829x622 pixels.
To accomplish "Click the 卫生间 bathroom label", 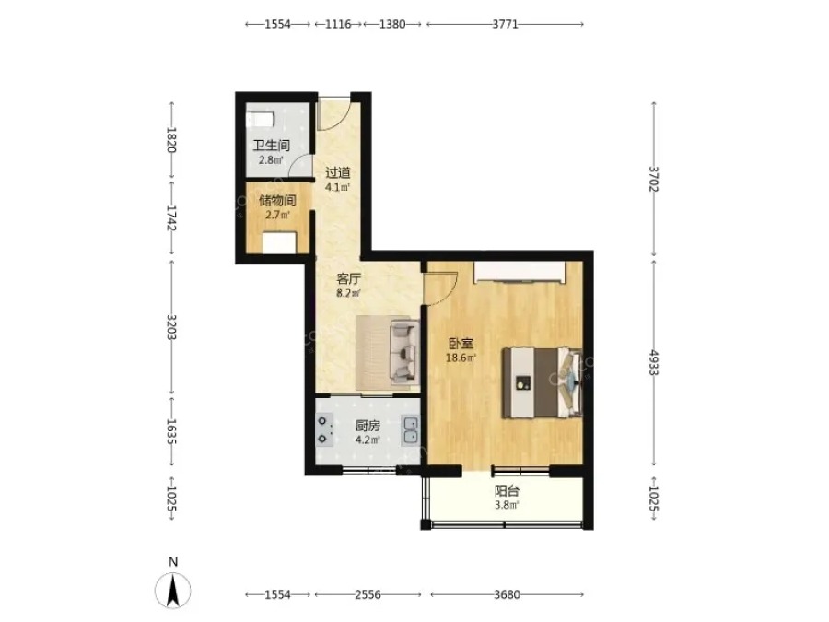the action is pos(271,145).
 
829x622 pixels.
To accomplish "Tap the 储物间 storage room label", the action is pos(277,201).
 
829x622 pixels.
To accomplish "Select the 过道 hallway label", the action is pos(338,173).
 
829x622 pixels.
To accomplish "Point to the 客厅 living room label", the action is pos(349,278).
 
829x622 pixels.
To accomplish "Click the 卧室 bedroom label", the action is pos(461,344).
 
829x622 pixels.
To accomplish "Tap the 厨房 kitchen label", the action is pos(368,426).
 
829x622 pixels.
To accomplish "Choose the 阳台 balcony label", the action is pos(507,491).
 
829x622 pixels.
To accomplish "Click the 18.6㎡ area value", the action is pos(461,358).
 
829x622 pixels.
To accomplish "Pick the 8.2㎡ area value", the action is pos(349,293).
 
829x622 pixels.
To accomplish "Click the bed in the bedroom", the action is pos(542,382).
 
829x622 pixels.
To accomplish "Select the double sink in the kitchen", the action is pos(410,430).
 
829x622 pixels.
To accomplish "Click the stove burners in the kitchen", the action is pos(323,430).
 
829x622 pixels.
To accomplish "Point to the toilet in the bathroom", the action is pos(260,119).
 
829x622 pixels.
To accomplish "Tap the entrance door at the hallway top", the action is pos(334,113).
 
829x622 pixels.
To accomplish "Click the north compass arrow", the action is pos(173,591).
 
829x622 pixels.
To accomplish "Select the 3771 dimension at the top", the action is pos(505,24).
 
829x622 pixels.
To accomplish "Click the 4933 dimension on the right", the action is pos(654,362).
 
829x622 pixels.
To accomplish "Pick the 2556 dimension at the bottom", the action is pos(368,594).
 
